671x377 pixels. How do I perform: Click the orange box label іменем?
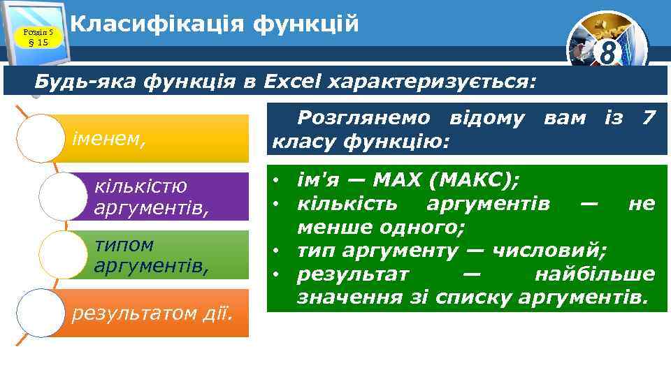(x=109, y=138)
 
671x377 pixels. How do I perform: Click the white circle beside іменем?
(x=40, y=138)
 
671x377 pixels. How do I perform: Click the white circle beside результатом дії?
(x=40, y=313)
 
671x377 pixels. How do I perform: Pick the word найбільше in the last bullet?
(x=594, y=274)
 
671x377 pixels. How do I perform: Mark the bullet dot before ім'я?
(x=277, y=181)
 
